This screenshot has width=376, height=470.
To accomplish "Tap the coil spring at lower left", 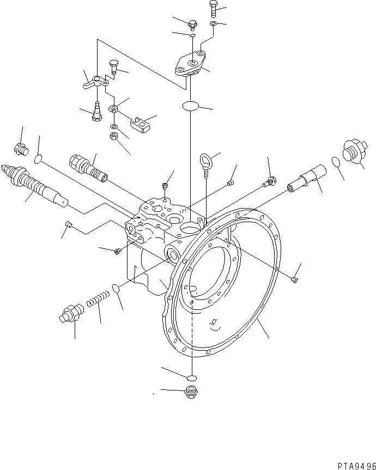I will coord(98,299).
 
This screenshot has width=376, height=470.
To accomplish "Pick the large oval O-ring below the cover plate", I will coord(189,106).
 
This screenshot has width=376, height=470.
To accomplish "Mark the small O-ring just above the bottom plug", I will coord(190,378).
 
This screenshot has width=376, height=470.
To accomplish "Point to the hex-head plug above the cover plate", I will coord(193,23).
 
